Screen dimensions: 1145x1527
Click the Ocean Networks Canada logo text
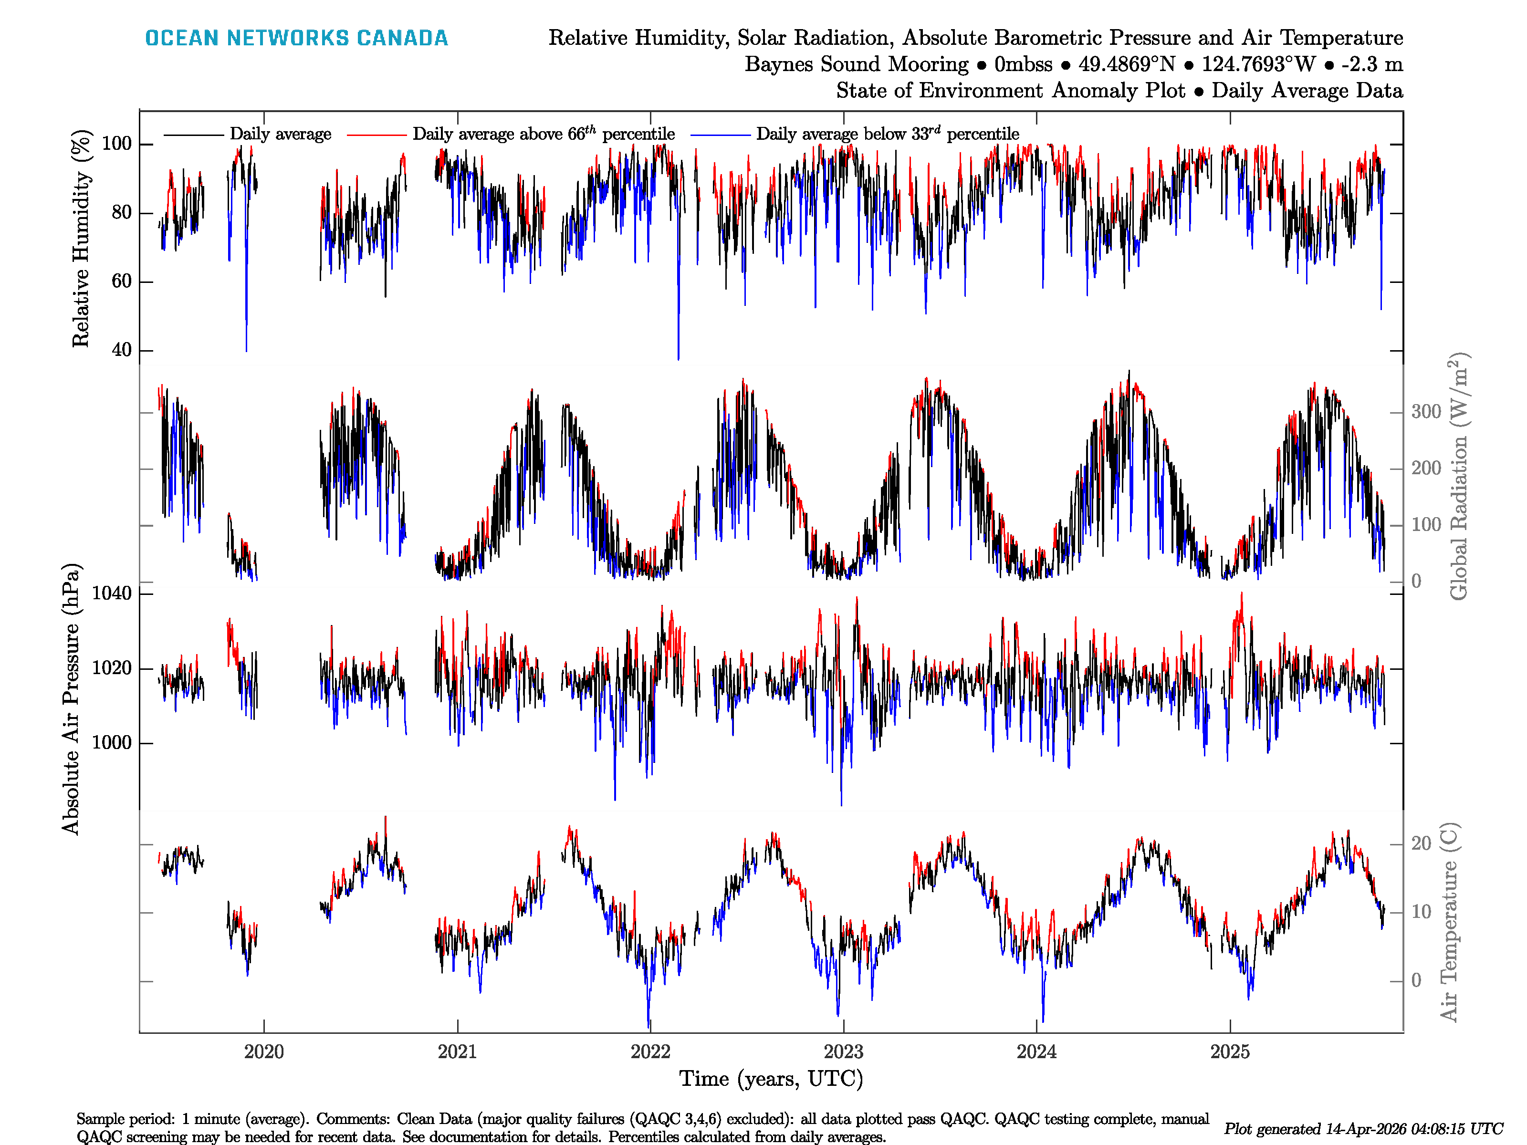296,38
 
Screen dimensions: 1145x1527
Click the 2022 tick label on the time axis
650,1052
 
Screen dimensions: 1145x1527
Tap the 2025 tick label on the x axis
1229,1052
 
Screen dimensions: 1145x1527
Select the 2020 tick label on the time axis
264,1052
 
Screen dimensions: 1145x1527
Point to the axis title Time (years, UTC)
771,1079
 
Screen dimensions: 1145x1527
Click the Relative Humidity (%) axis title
81,238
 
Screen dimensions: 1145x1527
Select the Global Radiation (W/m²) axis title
1458,476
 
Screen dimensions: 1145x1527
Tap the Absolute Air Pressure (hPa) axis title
71,699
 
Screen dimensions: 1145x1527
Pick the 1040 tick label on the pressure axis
111,593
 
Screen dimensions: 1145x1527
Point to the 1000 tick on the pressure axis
111,743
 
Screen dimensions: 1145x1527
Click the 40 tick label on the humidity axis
122,350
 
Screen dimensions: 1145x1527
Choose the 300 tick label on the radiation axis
1426,412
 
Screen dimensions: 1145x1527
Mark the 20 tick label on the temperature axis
1421,843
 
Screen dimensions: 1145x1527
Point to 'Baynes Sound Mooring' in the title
856,64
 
